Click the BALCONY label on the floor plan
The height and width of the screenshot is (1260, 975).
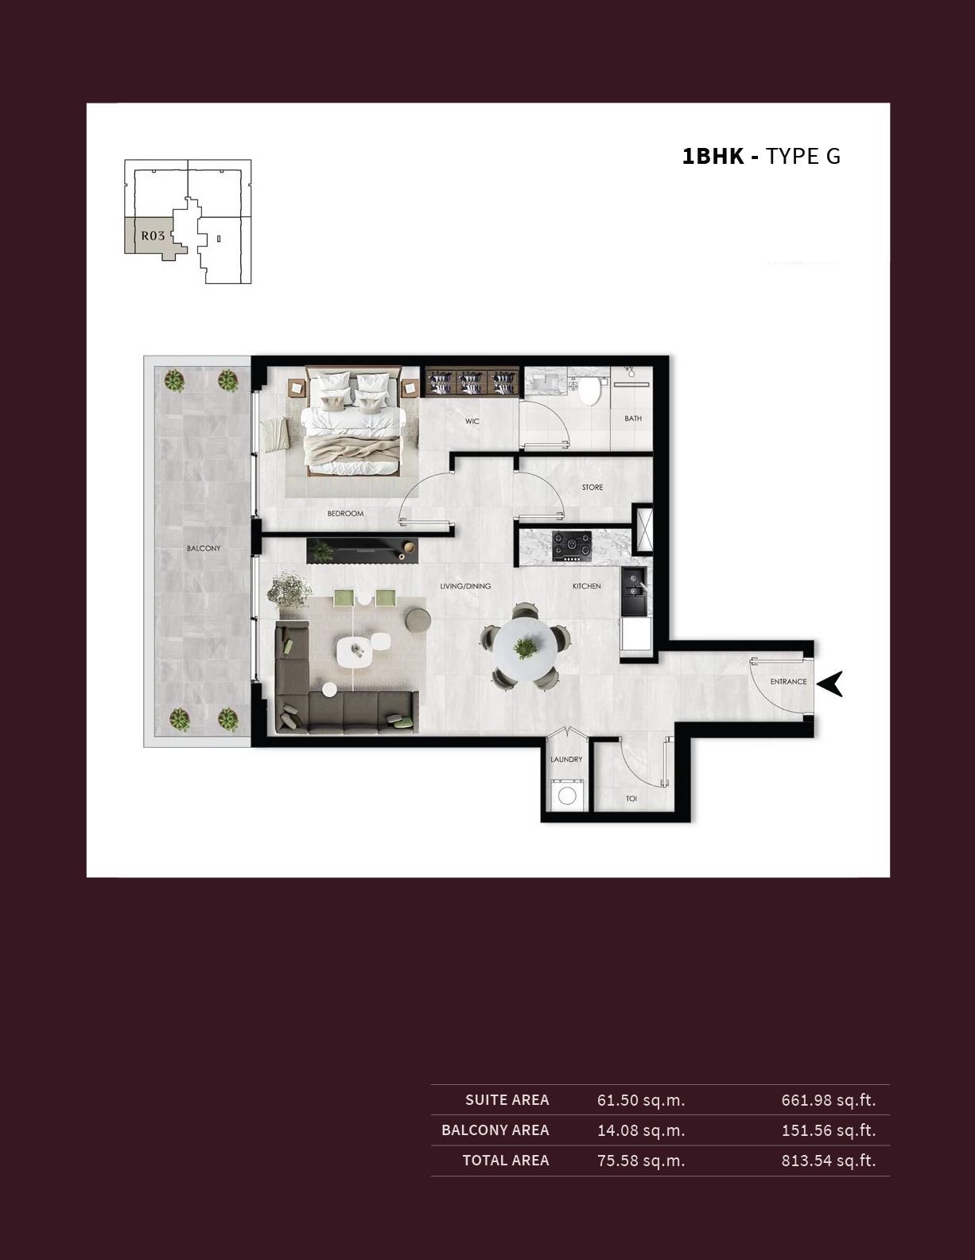[x=204, y=548]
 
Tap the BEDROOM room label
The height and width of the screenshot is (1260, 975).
[x=345, y=513]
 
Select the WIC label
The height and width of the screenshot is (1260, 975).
[x=472, y=421]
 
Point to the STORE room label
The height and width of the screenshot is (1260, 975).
[x=592, y=487]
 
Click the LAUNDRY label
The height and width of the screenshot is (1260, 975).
[x=566, y=759]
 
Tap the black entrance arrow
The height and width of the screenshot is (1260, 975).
[x=830, y=683]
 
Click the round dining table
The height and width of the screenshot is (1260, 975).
[x=525, y=647]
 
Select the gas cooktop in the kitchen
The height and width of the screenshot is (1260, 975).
[x=572, y=546]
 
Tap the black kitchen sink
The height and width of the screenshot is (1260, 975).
[x=634, y=592]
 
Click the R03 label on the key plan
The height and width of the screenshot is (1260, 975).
[x=153, y=236]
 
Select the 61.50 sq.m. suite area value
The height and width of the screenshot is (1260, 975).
[x=641, y=1100]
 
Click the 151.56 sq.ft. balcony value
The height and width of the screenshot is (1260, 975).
[x=829, y=1130]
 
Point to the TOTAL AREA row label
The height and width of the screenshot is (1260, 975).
[x=506, y=1161]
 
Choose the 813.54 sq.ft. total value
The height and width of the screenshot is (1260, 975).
[x=829, y=1161]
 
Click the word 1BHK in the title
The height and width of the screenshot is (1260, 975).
[x=713, y=157]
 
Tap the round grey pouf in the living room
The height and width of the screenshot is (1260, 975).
[x=418, y=620]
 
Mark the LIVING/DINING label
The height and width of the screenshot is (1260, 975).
[x=465, y=586]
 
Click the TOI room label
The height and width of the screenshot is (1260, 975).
[x=631, y=799]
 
